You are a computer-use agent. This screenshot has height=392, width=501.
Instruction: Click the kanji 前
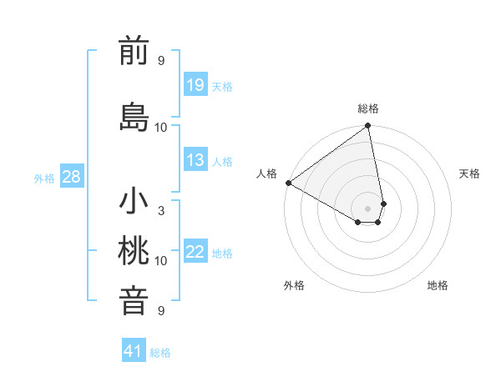tap(134, 52)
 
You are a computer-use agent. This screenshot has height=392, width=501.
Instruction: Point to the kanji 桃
tap(134, 250)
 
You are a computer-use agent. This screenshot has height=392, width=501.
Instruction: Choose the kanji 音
tap(134, 301)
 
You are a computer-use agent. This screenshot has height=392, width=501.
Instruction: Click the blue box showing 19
tap(195, 85)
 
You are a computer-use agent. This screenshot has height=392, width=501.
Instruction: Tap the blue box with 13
tap(195, 160)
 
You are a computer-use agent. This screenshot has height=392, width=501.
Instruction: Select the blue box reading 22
tap(195, 252)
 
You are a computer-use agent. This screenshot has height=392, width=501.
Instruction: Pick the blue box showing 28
tap(71, 177)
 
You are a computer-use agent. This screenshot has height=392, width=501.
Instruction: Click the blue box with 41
tap(134, 351)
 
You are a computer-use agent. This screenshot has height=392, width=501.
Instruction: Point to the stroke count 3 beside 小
tap(161, 211)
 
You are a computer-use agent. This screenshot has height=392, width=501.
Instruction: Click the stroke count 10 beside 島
tap(161, 128)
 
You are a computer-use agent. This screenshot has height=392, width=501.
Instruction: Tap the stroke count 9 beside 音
tap(161, 311)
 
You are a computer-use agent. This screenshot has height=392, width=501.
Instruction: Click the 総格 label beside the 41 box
tap(160, 352)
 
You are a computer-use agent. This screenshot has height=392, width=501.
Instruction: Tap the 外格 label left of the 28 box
tap(44, 178)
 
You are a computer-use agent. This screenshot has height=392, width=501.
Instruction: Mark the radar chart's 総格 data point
tap(367, 127)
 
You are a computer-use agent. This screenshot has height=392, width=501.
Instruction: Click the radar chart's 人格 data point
tap(288, 183)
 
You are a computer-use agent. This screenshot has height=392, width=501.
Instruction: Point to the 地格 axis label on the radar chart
tap(438, 285)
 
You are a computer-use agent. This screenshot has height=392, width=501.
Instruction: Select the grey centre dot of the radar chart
tap(367, 207)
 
